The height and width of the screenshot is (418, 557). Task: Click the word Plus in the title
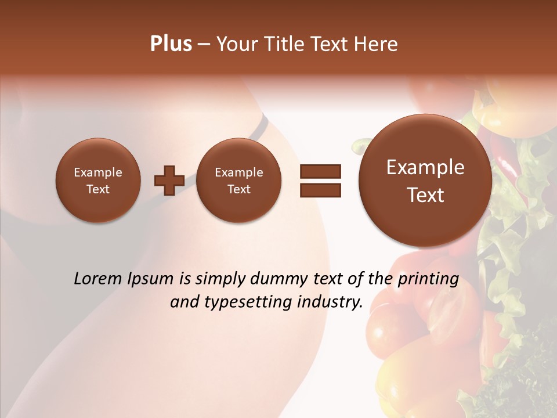pos(171,44)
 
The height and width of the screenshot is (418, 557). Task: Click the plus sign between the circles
pos(169,181)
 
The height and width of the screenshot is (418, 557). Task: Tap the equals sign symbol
pos(320,181)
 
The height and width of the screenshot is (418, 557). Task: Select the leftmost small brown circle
pos(97,181)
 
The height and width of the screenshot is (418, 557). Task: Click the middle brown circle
pos(238,181)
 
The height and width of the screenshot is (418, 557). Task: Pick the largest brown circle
pos(425,181)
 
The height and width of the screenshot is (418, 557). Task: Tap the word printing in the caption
pos(428,279)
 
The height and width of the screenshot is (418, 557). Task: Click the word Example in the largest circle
pos(425,167)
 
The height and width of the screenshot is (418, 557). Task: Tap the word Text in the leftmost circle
pos(97,189)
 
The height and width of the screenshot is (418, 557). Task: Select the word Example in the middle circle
pos(238,172)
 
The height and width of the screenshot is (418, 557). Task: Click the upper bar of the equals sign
pos(320,171)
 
